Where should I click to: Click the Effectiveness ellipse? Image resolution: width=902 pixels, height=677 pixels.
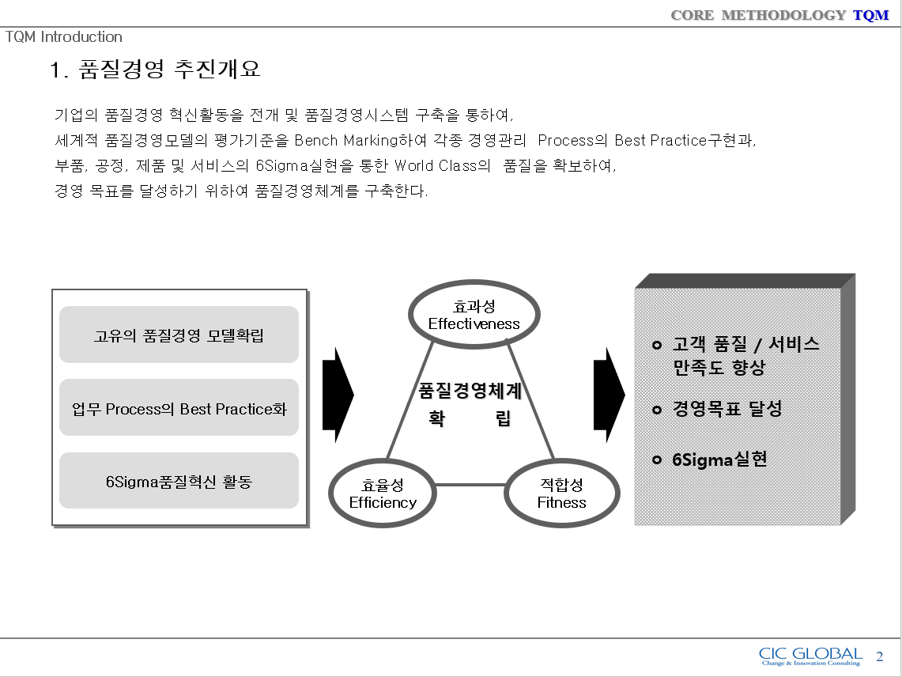click(x=474, y=315)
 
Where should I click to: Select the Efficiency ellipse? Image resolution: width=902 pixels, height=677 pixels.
click(x=383, y=494)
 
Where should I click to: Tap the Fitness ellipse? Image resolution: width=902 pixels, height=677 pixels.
click(x=561, y=494)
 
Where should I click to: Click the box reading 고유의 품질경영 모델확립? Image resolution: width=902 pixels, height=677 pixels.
click(x=179, y=335)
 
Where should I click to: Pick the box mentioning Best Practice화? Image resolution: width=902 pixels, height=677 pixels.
click(x=179, y=408)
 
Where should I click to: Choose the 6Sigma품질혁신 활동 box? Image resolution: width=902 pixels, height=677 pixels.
click(x=179, y=481)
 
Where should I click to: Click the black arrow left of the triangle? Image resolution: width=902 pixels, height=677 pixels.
click(x=338, y=394)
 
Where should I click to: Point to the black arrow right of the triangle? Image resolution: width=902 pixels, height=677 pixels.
click(x=609, y=394)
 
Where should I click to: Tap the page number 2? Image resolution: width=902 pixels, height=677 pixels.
click(x=880, y=656)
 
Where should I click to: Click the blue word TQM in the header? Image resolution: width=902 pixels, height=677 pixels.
click(x=870, y=15)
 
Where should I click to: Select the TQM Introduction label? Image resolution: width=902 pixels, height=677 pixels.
click(x=64, y=37)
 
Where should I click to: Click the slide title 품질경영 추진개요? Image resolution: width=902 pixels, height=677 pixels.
click(x=169, y=70)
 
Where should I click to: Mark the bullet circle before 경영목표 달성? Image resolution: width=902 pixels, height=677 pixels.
click(x=656, y=410)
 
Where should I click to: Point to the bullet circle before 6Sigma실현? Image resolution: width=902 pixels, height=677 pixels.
click(x=656, y=460)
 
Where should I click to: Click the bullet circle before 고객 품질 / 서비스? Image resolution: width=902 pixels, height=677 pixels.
click(x=656, y=345)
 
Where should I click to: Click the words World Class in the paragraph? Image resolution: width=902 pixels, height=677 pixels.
click(x=436, y=166)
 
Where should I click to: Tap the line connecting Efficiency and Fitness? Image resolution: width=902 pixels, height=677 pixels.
click(x=470, y=485)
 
